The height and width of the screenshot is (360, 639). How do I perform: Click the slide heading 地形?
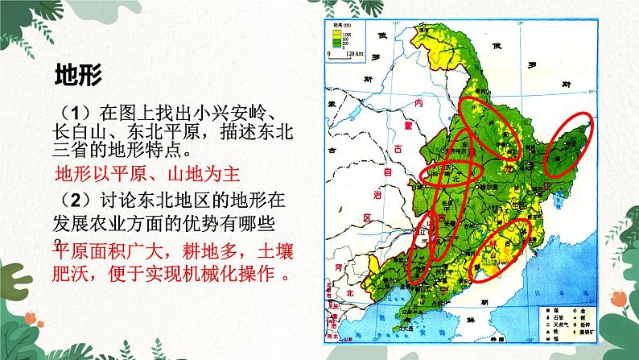tap(77, 75)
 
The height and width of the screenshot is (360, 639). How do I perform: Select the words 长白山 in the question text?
tap(78, 131)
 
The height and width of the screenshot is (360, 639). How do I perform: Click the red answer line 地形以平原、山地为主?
tap(147, 175)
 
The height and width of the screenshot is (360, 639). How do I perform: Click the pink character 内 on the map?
tap(417, 105)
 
